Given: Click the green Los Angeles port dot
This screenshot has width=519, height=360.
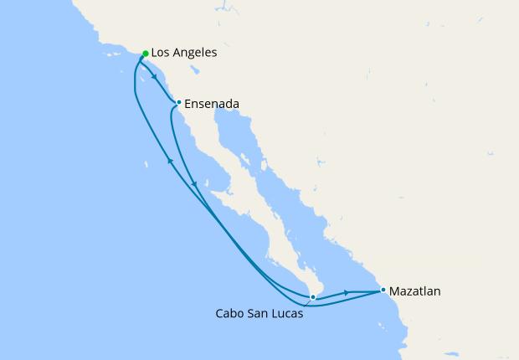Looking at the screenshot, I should coord(146,54).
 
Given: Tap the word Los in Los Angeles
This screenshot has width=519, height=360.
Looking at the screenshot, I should coord(162,53).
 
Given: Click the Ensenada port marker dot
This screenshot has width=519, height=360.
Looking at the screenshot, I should coord(178,103).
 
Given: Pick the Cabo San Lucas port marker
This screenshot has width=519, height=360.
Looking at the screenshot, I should coord(312,296).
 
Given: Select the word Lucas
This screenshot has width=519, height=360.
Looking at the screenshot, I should coord(286,315).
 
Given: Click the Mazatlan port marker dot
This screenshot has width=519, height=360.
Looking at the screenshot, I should coord(383,291).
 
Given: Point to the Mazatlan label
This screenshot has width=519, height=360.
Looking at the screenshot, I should coord(416,291).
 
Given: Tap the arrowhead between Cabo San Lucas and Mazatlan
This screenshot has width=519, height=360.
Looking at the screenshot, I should coord(347,293).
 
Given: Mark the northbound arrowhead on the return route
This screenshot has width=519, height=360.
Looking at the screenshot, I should coord(170,161).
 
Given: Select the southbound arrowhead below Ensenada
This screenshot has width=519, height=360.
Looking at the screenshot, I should coord(194,184).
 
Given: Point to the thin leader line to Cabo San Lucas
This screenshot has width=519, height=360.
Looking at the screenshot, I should coord(307,302).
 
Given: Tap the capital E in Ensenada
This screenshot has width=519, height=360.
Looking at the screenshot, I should coord(188,104).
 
